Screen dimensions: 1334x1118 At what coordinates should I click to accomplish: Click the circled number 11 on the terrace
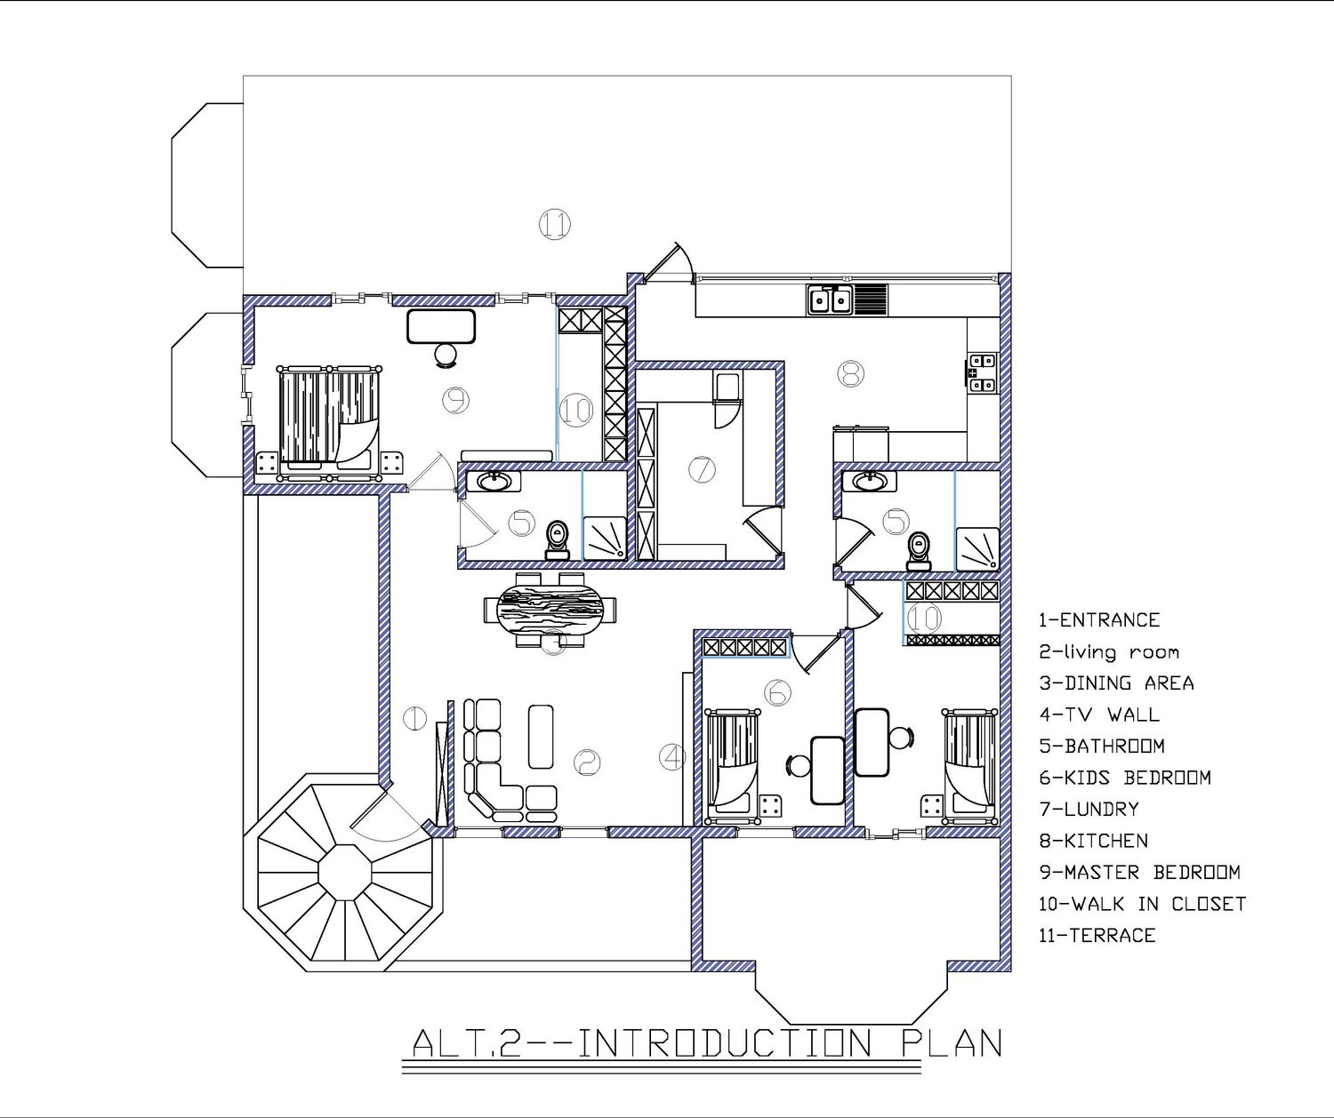click(554, 224)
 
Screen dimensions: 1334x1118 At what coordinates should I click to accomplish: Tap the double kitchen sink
click(829, 299)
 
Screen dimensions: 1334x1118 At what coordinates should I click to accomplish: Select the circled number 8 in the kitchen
click(850, 373)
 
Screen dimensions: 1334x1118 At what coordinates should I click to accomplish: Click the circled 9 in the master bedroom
click(455, 400)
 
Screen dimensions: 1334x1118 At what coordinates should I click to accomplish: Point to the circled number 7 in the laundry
click(702, 469)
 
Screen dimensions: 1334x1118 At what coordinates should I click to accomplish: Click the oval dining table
click(550, 610)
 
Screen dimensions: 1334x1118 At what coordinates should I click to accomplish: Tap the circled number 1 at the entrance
click(415, 719)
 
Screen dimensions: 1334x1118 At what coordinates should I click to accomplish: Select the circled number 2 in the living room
click(586, 762)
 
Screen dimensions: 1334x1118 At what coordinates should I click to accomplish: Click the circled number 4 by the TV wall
click(672, 757)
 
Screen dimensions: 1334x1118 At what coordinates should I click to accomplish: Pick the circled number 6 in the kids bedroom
click(777, 692)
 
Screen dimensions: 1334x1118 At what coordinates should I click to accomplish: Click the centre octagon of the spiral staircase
click(345, 872)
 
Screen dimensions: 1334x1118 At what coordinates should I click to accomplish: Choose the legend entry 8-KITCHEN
click(1094, 840)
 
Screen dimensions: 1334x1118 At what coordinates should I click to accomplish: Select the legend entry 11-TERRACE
click(1097, 935)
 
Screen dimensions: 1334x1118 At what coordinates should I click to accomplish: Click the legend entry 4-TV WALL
click(1099, 714)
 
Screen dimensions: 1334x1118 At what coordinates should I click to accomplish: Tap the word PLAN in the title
click(952, 1042)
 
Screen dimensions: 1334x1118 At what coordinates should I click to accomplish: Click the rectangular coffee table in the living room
click(541, 736)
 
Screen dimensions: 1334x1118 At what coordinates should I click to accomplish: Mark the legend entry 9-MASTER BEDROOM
click(1140, 872)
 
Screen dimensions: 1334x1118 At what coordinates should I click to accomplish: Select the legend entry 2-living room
click(1109, 652)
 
